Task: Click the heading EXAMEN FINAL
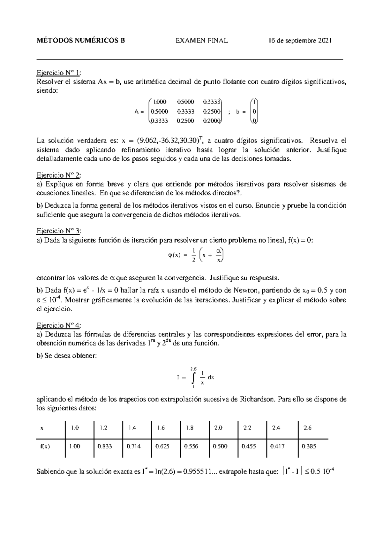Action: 201,41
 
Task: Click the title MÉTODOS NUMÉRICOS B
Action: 81,41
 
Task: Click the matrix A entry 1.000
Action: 160,102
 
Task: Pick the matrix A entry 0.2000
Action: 211,121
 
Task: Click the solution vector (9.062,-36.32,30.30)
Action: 168,141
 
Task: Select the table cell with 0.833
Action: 105,446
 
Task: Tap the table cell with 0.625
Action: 161,446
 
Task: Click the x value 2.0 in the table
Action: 218,428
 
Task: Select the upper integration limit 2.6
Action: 193,369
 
